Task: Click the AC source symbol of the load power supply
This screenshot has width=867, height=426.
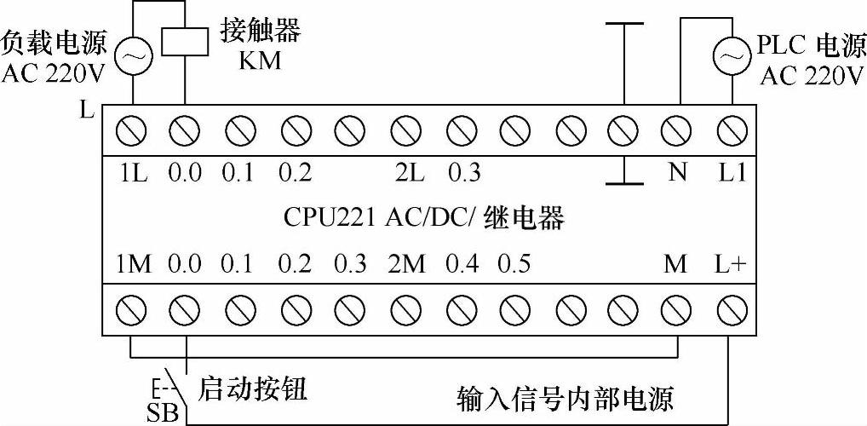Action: (x=132, y=57)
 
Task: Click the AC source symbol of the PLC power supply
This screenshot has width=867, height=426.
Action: (x=729, y=57)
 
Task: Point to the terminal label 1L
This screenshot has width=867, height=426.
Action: (x=134, y=172)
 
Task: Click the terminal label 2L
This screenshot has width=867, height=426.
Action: (x=409, y=172)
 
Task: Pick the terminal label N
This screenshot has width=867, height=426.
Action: (x=677, y=172)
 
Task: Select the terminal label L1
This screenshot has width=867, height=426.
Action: (x=732, y=172)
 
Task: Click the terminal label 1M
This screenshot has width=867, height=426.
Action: (x=134, y=264)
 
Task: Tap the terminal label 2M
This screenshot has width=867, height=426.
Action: (x=407, y=264)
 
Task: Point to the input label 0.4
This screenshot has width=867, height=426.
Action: (x=462, y=264)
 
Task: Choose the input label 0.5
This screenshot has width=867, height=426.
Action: (x=514, y=264)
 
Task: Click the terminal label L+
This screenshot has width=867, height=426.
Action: (x=730, y=264)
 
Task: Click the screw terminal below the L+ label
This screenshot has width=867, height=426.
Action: (x=730, y=305)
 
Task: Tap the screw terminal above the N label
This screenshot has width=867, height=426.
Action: (x=677, y=130)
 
